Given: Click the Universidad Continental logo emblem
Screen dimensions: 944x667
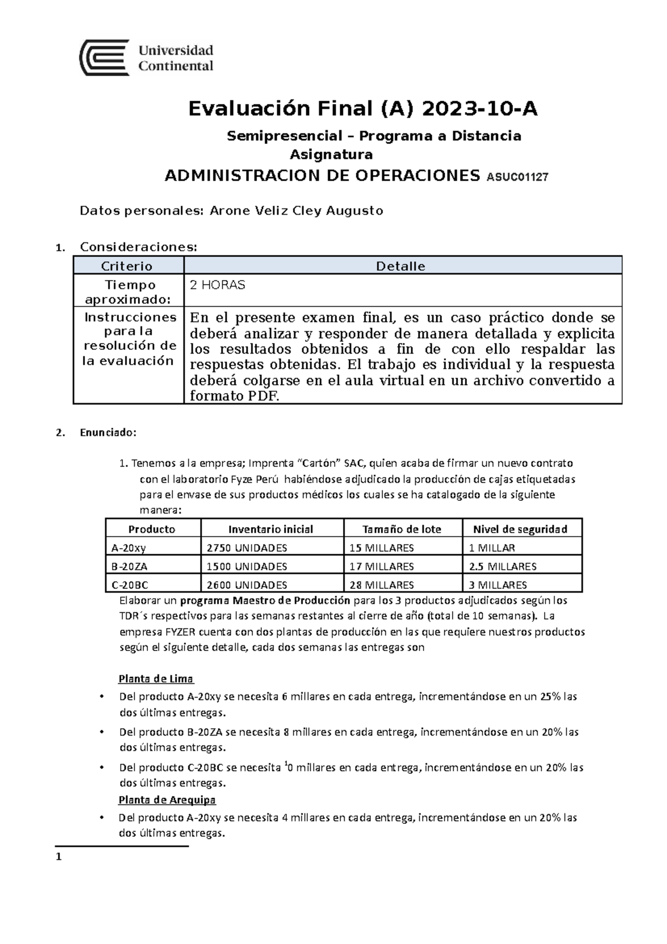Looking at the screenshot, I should click(x=104, y=57).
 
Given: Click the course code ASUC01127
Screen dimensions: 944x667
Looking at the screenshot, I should click(x=517, y=177).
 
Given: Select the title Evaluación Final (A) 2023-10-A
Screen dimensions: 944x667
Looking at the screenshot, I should click(x=363, y=109).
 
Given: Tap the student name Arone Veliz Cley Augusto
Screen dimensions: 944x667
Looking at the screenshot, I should click(x=296, y=211).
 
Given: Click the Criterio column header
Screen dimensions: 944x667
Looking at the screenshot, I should click(x=128, y=266).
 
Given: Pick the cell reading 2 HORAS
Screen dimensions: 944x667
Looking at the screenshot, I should click(x=217, y=285).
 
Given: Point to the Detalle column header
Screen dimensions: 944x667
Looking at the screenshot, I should click(x=401, y=266).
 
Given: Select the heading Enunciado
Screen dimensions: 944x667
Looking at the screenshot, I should click(x=108, y=433).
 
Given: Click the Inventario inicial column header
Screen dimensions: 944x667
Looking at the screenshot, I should click(x=271, y=529).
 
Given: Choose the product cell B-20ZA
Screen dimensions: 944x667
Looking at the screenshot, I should click(x=130, y=567).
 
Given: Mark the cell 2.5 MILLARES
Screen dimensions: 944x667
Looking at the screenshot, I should click(x=502, y=567).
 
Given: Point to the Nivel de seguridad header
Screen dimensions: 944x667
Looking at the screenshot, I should click(x=520, y=529).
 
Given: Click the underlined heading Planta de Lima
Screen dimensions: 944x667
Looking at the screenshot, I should click(x=156, y=679).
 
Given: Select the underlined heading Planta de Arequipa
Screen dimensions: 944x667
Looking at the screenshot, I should click(x=167, y=800).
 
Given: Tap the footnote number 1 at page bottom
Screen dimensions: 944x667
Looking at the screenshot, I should click(x=58, y=857).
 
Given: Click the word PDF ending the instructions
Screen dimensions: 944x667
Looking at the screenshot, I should click(x=260, y=396).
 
